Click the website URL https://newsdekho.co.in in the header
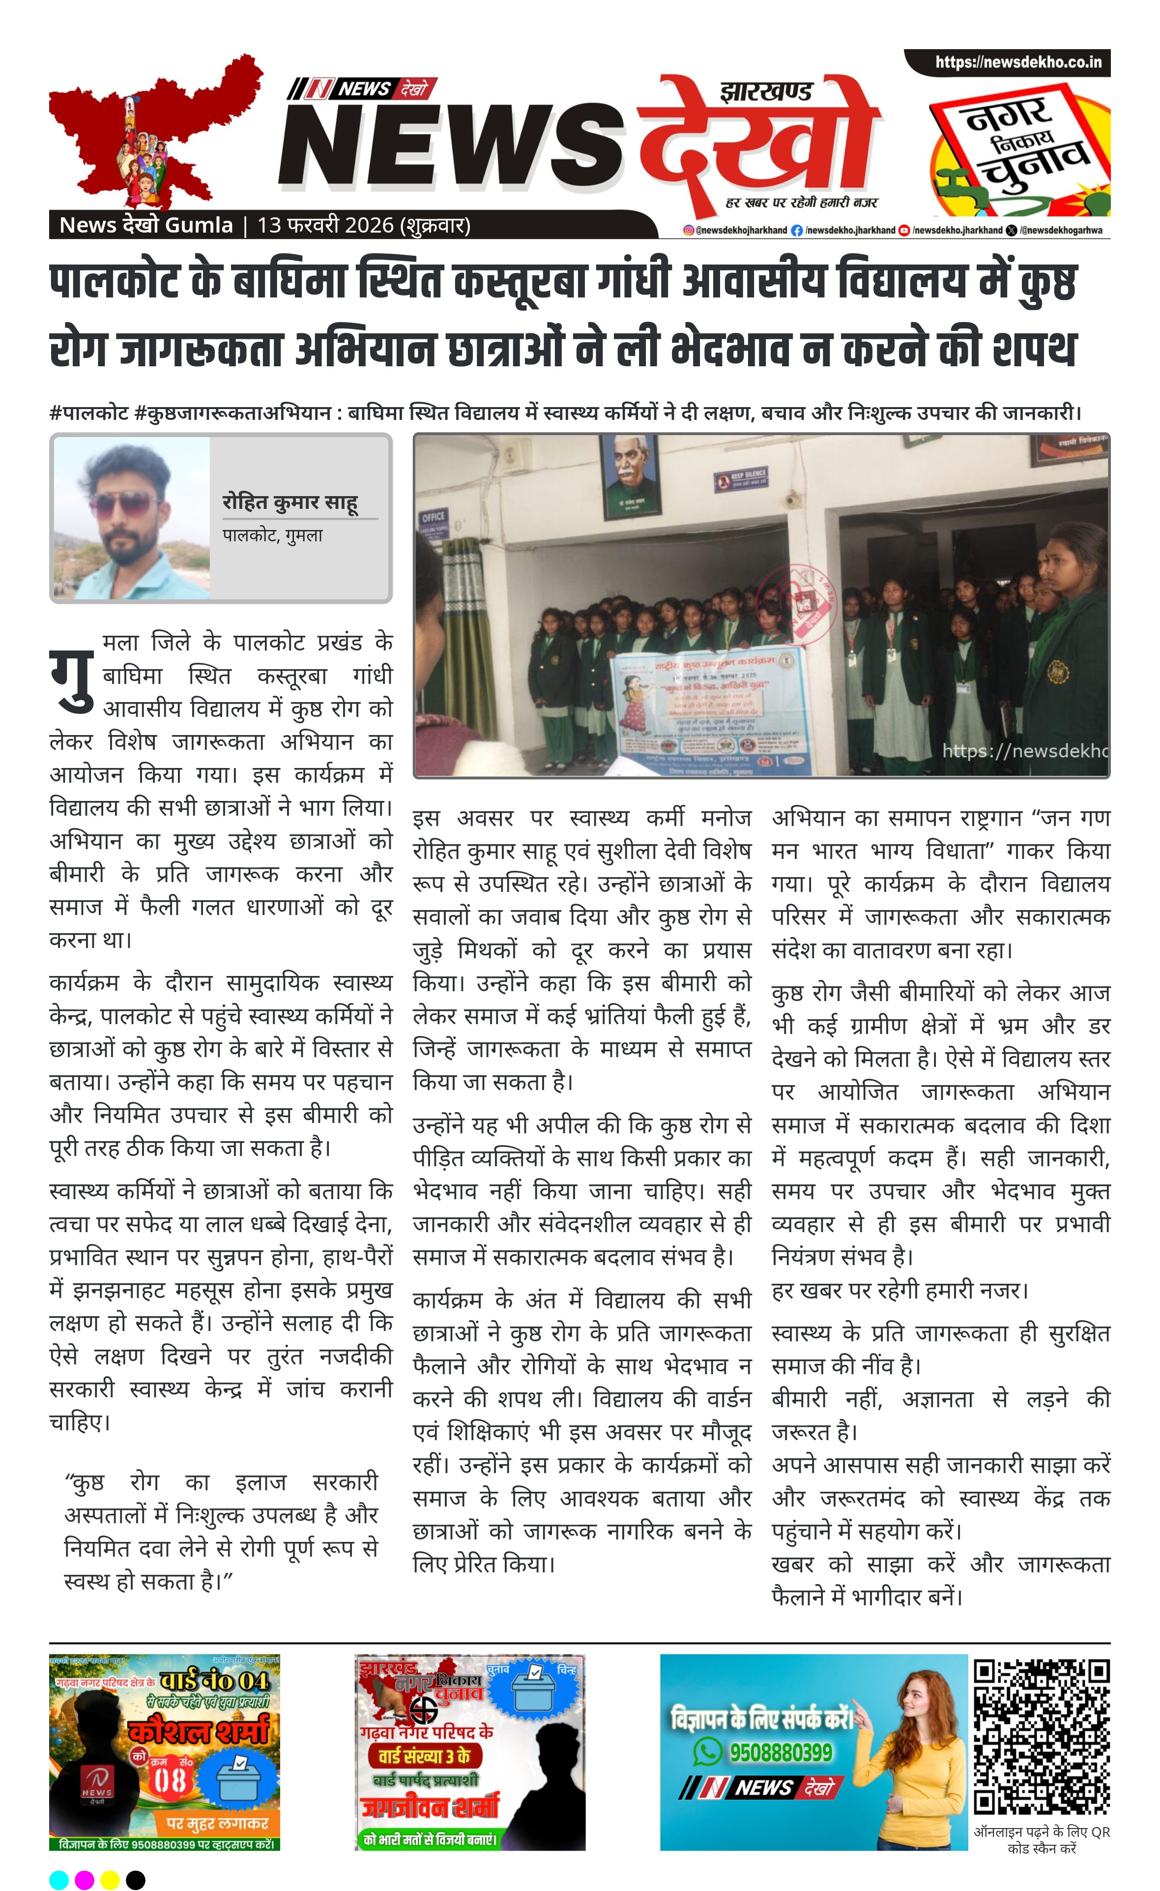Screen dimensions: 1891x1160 coord(1017,62)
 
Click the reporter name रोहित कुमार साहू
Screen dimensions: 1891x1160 coord(290,502)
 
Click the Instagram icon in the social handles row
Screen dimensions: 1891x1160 coord(688,230)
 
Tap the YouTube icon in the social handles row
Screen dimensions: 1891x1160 coord(904,230)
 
